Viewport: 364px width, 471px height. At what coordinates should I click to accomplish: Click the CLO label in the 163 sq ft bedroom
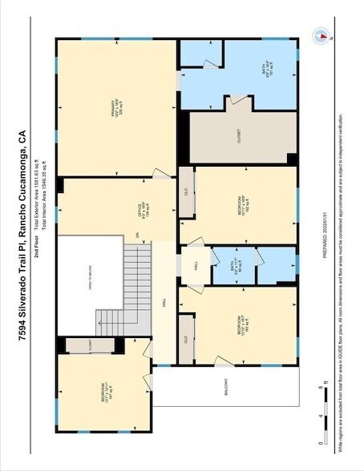click(185, 338)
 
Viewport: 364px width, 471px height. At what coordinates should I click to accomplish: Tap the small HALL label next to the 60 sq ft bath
click(194, 265)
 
